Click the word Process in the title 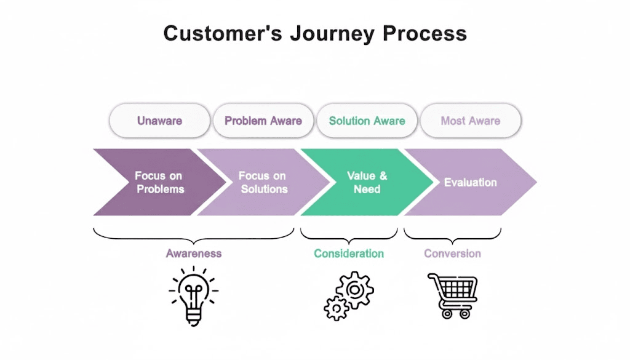coord(425,33)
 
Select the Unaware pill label coord(159,121)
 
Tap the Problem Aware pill coord(263,121)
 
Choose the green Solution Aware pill coord(367,121)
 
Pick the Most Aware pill coord(470,121)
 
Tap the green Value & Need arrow coord(367,182)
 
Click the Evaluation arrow coord(470,182)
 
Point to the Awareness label coord(193,254)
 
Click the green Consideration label coord(349,254)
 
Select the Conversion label coord(452,254)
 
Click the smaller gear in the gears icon coord(336,307)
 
